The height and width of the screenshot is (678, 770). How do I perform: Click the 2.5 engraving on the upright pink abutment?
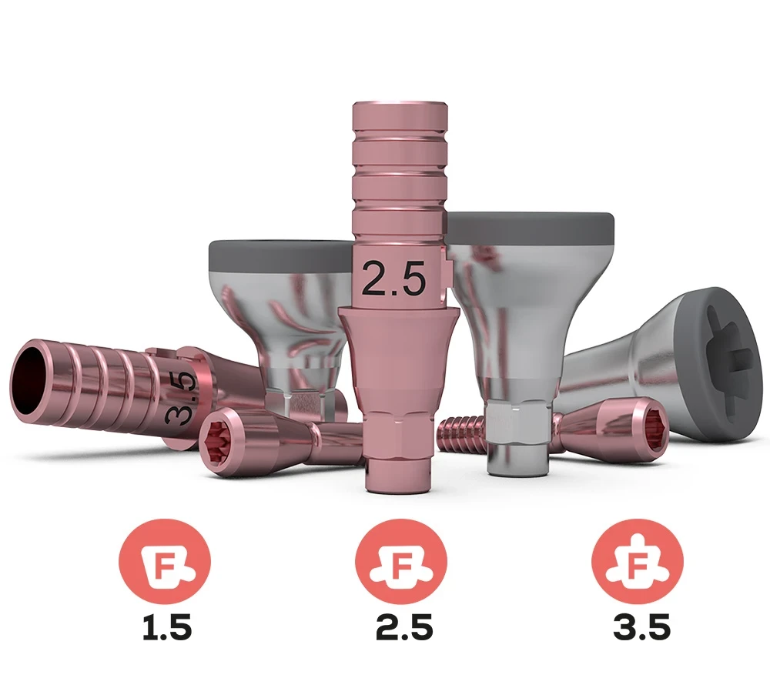click(x=393, y=279)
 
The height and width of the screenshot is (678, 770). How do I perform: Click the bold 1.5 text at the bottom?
click(x=166, y=627)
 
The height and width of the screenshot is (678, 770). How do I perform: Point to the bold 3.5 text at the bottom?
click(x=641, y=627)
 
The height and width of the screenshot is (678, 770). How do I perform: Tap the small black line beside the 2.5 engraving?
click(x=447, y=270)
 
